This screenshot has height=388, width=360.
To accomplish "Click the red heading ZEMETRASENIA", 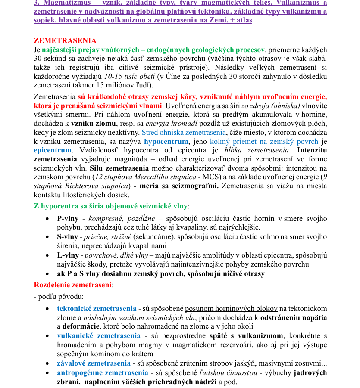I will [x=65, y=41].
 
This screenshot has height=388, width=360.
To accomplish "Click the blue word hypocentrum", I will [x=166, y=141].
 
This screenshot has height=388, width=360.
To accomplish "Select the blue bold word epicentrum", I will [x=53, y=150].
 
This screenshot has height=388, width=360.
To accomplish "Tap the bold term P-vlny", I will [x=67, y=218].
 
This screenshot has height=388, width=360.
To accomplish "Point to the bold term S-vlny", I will [x=67, y=237].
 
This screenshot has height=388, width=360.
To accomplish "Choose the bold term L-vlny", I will [x=67, y=255].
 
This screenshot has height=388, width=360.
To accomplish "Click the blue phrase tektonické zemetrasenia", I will [x=97, y=308].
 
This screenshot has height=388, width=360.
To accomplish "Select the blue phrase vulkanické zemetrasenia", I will [x=99, y=335].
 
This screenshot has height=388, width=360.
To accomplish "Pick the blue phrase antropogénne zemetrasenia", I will [x=103, y=372].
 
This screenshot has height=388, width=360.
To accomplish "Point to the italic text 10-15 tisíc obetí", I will [x=130, y=76].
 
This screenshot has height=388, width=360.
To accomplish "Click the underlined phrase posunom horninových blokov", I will [x=231, y=308].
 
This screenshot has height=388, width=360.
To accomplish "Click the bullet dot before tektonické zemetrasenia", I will [x=47, y=308].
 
